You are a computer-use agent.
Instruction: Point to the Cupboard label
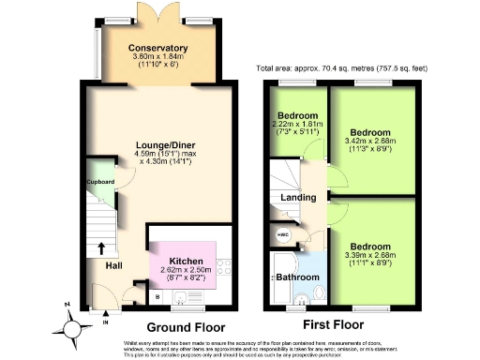pyautogui.click(x=100, y=181)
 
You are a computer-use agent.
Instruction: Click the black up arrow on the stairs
pyautogui.click(x=102, y=249)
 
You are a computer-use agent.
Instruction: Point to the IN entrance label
pyautogui.click(x=105, y=322)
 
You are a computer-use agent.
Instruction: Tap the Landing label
pyautogui.click(x=297, y=197)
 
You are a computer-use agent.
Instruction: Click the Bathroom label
pyautogui.click(x=296, y=277)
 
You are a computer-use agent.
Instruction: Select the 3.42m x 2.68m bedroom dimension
pyautogui.click(x=370, y=145)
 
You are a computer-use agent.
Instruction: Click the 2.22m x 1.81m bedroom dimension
pyautogui.click(x=298, y=125)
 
